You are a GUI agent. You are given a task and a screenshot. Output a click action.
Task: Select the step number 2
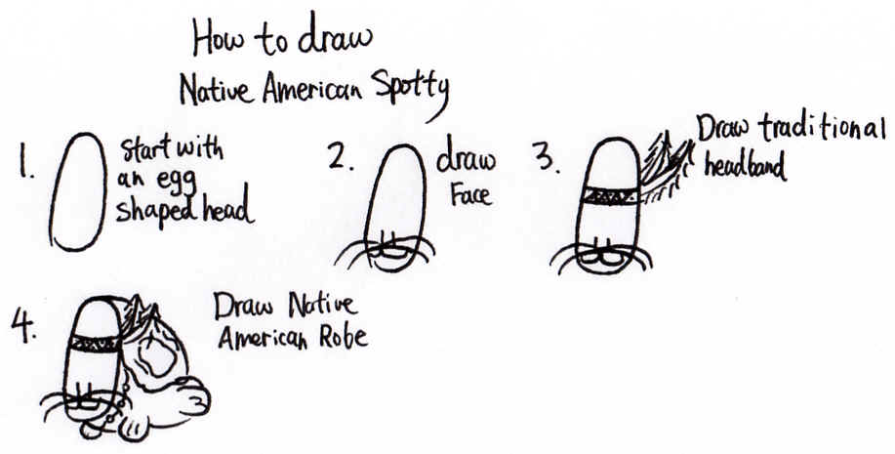click(x=341, y=156)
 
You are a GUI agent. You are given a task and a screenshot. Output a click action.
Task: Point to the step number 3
click(x=547, y=156)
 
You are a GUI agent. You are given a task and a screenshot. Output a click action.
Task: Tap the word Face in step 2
click(x=470, y=194)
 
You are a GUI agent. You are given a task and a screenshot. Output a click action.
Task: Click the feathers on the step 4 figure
click(x=140, y=312)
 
